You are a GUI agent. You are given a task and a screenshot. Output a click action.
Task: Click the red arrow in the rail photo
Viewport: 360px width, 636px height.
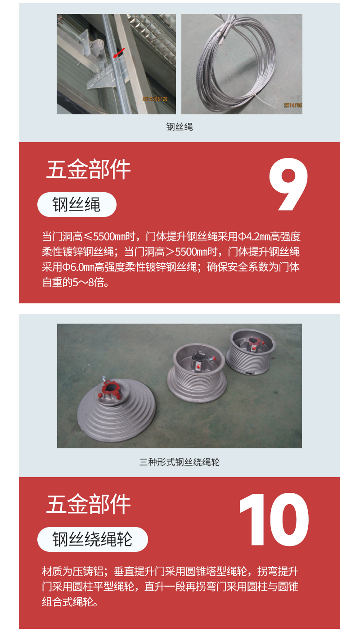(119, 53)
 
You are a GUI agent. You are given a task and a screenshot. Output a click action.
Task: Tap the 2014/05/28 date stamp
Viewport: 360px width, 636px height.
(155, 99)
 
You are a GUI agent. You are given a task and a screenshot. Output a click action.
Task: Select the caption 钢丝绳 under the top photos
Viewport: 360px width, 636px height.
(180, 126)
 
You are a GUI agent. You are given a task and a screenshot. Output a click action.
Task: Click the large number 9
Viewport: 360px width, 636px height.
(288, 185)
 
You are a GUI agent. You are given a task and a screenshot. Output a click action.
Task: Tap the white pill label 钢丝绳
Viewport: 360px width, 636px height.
(76, 204)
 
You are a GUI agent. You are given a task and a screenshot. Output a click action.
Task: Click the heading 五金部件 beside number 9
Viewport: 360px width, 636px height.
(88, 169)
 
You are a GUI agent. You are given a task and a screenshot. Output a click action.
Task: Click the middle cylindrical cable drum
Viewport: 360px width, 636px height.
(197, 373)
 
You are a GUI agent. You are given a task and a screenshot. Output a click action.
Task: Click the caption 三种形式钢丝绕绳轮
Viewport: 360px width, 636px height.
(180, 462)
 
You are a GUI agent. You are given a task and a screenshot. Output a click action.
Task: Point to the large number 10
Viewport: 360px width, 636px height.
(274, 519)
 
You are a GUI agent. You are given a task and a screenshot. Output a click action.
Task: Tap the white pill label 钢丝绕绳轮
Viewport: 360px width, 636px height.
(93, 539)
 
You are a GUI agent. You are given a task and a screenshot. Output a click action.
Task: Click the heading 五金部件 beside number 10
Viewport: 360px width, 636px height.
(88, 504)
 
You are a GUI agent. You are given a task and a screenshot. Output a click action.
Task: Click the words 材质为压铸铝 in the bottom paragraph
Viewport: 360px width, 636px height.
(72, 571)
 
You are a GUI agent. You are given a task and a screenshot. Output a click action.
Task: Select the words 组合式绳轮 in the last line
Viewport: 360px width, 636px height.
(67, 602)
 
